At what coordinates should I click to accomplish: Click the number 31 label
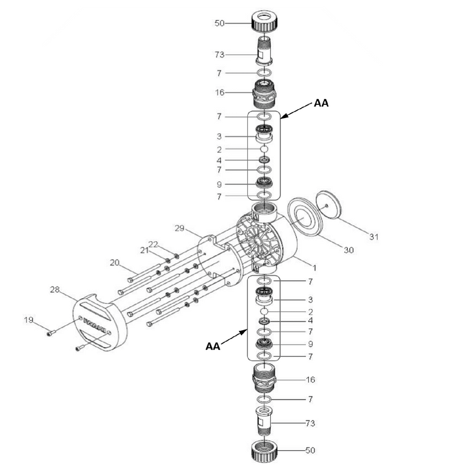point(374,237)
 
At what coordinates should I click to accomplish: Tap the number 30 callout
point(349,250)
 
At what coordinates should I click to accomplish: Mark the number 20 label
point(115,262)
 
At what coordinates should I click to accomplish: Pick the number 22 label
point(153,244)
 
